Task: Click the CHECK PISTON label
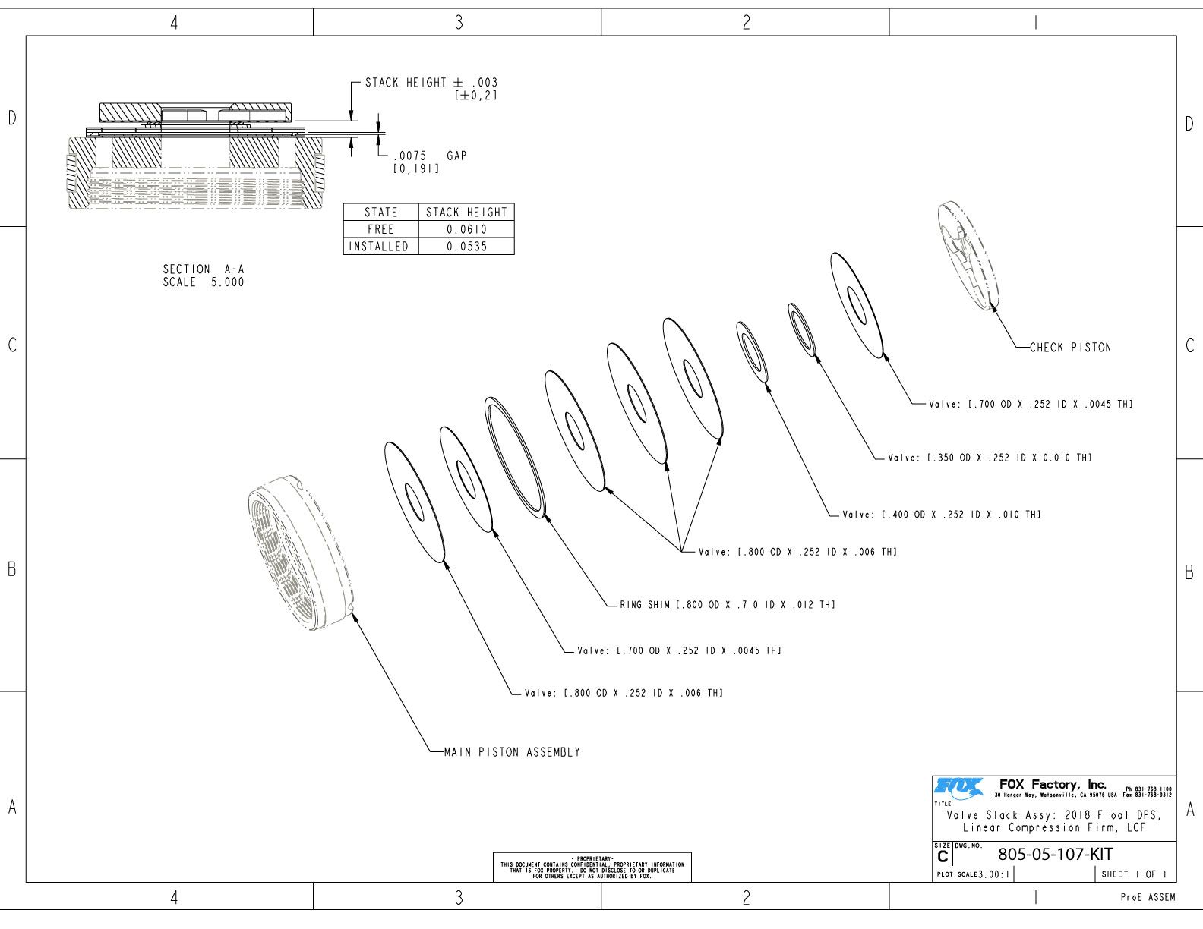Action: (x=1070, y=348)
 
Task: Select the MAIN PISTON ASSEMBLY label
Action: (x=512, y=752)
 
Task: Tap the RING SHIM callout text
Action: (x=727, y=605)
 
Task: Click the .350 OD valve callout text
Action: (x=990, y=458)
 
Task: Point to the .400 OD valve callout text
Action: (x=941, y=515)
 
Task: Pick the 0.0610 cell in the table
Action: (x=466, y=229)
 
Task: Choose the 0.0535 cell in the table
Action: (x=466, y=247)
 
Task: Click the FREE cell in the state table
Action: (x=380, y=229)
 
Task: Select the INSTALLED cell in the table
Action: (x=379, y=247)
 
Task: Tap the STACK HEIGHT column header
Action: (x=466, y=213)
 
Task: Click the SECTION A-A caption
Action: (x=204, y=276)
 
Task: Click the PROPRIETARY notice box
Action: (x=592, y=867)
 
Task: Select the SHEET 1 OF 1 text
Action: (x=1134, y=874)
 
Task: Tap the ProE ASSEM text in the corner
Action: (x=1148, y=898)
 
